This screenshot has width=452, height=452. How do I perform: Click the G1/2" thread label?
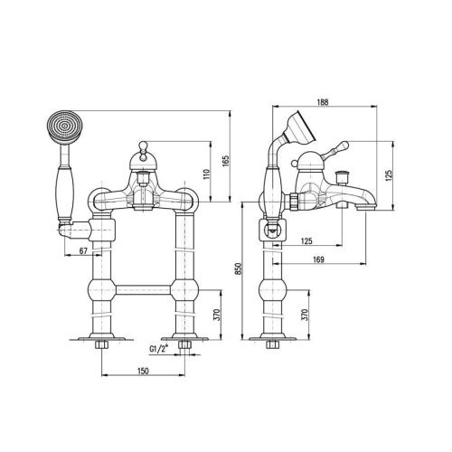[x=158, y=348]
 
